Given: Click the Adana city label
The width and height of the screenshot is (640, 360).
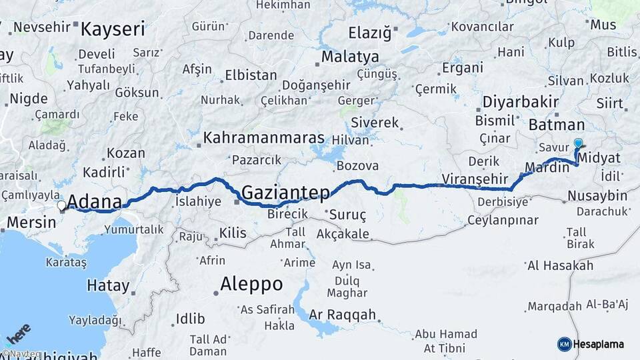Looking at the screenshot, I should click(x=95, y=201).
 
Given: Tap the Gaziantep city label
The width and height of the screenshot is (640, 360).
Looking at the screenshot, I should click(x=285, y=193).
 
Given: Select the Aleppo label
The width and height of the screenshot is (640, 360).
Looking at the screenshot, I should click(x=253, y=284).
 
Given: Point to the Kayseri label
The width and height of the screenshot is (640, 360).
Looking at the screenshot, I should click(x=113, y=29).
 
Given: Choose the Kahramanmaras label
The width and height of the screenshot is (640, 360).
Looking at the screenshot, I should click(x=263, y=139).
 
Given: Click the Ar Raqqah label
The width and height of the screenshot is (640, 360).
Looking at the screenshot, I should click(x=343, y=315).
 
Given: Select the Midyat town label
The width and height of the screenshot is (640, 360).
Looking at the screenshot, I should click(x=600, y=158).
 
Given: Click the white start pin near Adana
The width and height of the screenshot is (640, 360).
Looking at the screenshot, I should click(x=62, y=207).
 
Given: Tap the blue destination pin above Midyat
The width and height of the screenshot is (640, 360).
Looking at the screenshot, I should click(x=578, y=143).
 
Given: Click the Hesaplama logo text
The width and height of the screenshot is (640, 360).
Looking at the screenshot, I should click(x=599, y=344).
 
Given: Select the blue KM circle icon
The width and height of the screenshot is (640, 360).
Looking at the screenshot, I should click(x=564, y=344).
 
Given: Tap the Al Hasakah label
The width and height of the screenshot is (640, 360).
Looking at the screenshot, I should click(x=560, y=265).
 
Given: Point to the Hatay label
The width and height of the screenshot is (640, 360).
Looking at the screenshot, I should click(x=108, y=286).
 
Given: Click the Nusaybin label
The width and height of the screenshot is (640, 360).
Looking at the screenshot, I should click(x=597, y=195).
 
